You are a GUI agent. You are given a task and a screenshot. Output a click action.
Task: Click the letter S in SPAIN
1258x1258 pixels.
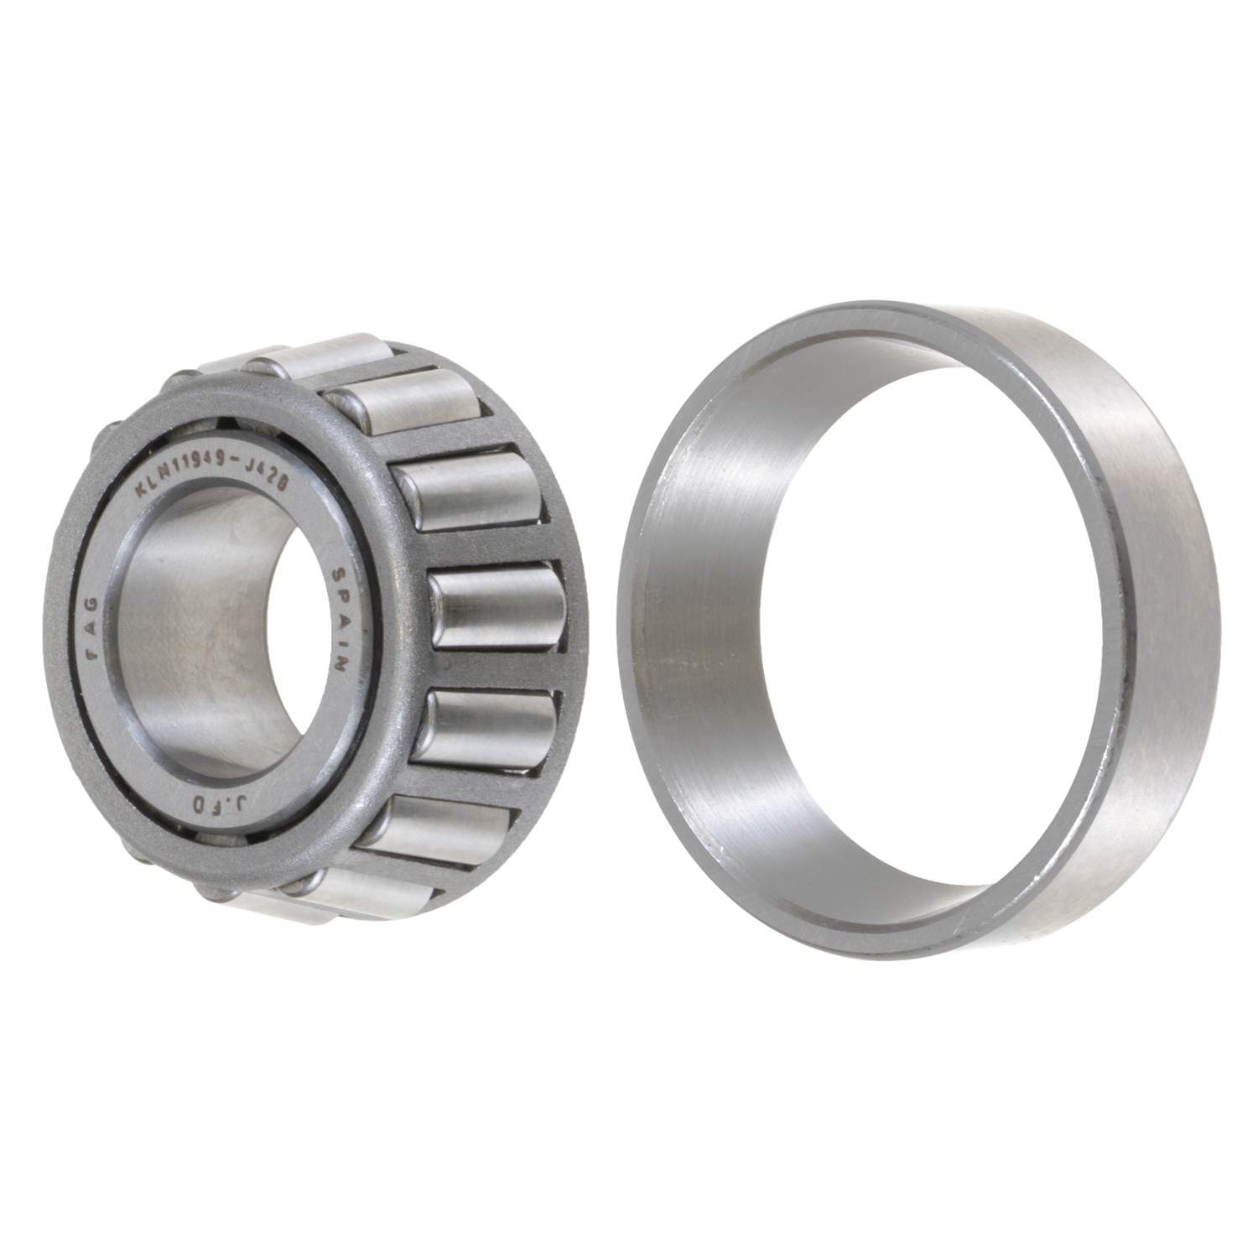tap(338, 577)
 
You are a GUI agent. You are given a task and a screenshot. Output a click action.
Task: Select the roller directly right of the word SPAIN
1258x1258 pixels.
tap(495, 608)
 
